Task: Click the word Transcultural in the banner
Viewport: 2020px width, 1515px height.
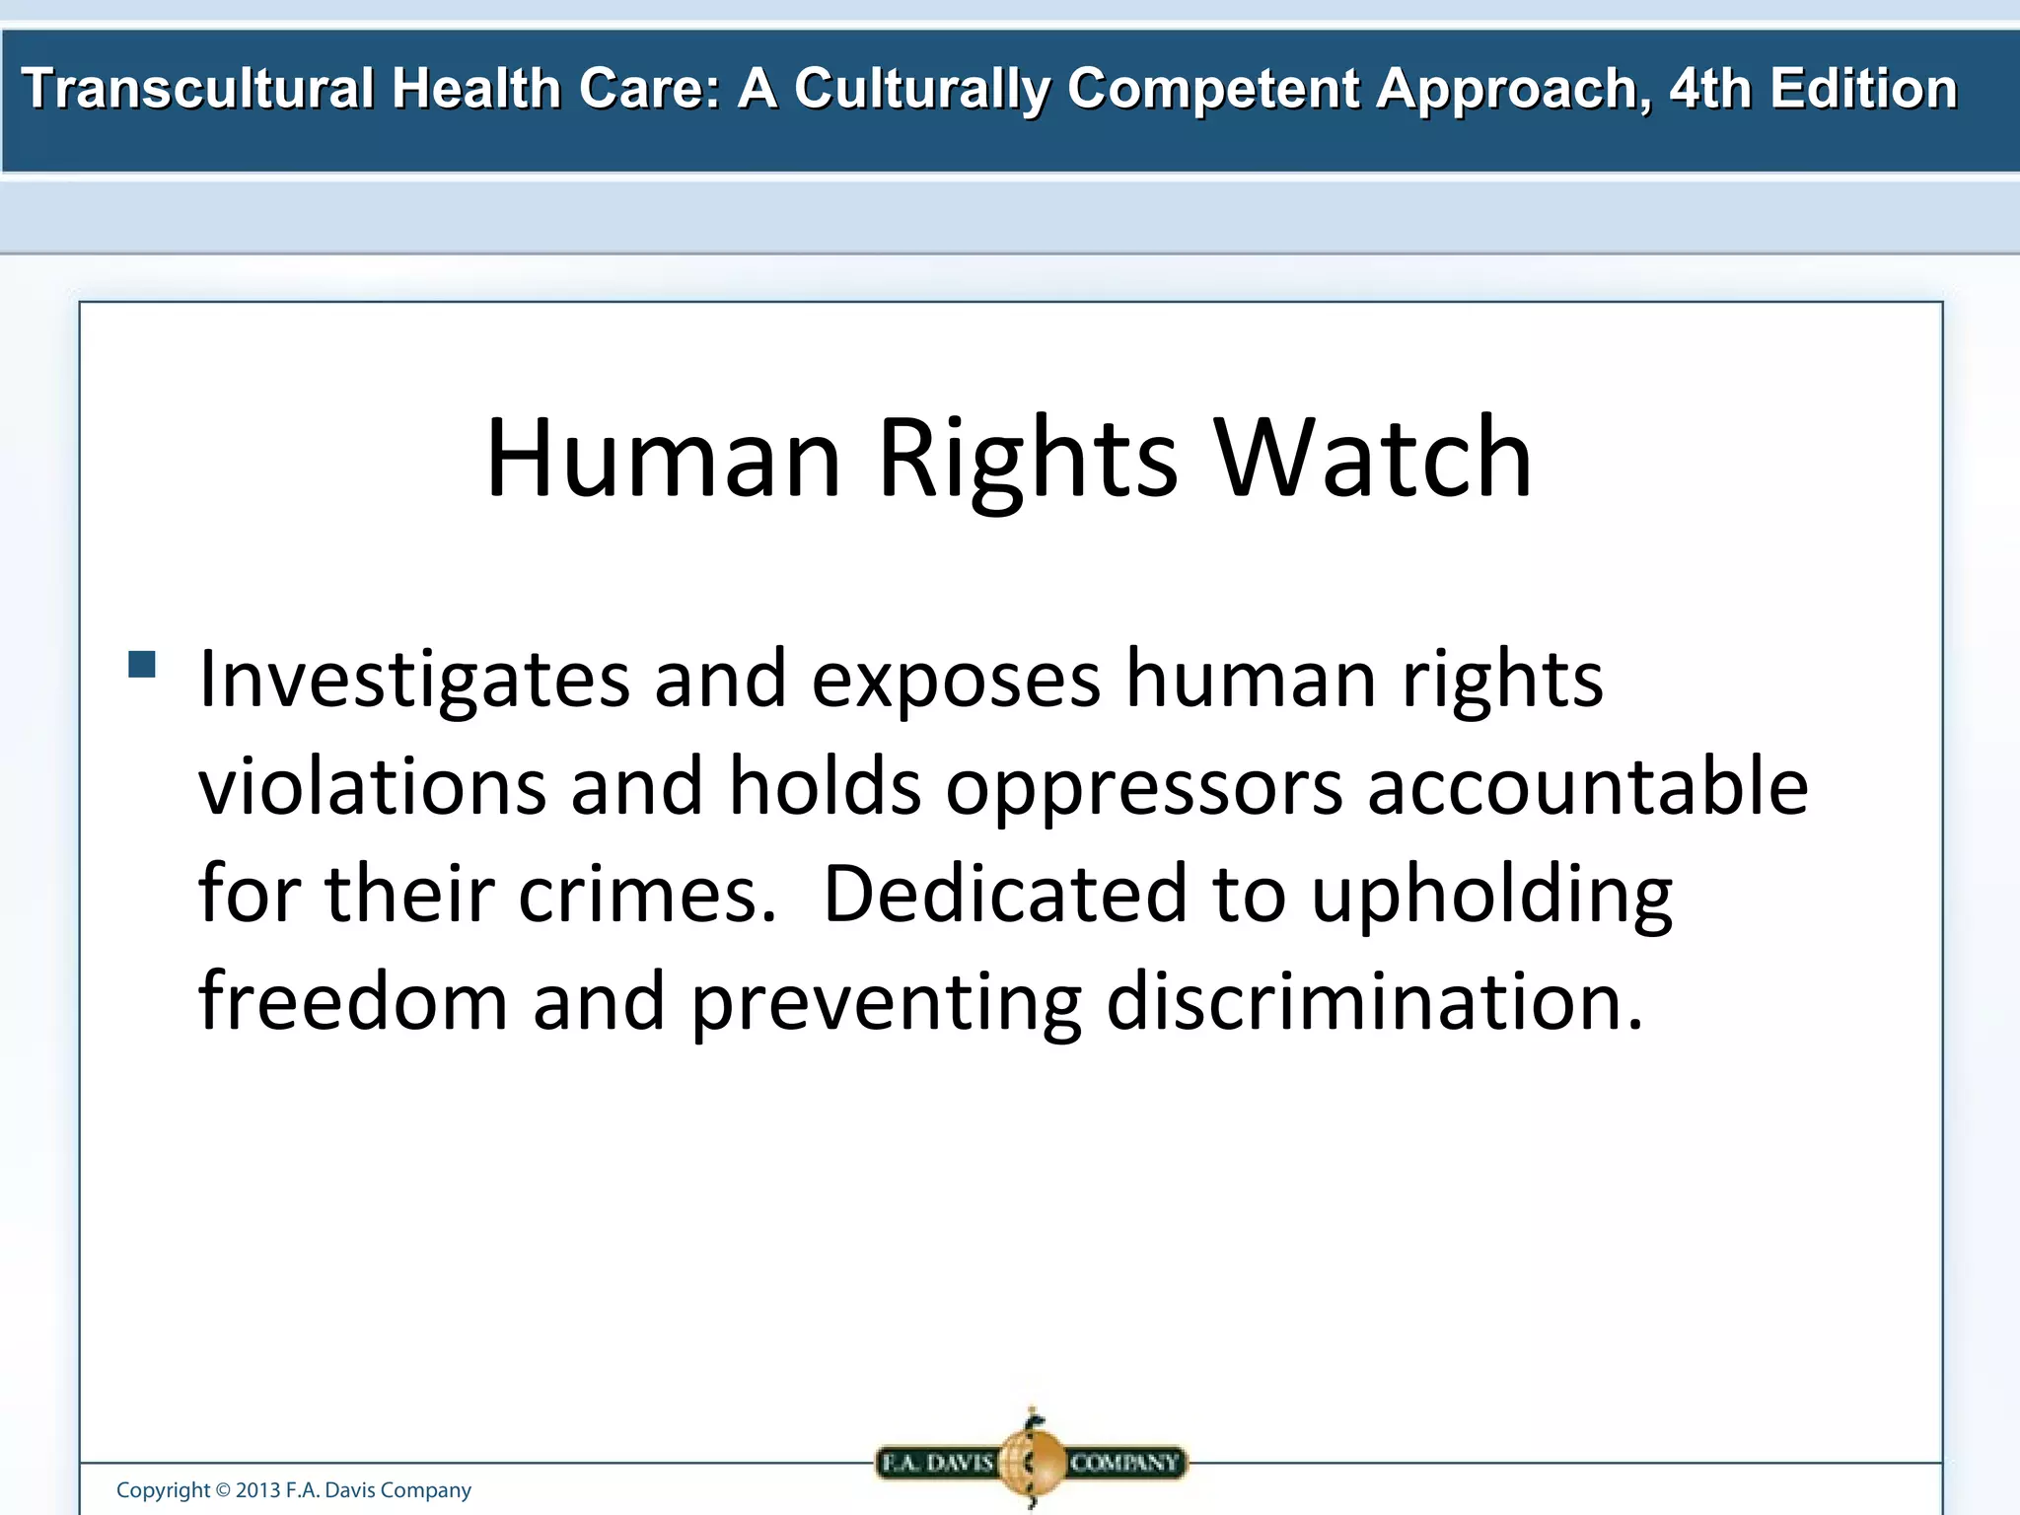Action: (197, 89)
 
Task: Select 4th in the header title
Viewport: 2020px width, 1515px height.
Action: (1710, 89)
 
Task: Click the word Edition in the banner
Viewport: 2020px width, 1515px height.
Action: (1862, 89)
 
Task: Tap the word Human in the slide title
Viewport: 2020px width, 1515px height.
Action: (663, 459)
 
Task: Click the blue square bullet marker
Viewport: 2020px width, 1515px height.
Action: (142, 664)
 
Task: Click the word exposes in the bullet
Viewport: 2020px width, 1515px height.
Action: (955, 681)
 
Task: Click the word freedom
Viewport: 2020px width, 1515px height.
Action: (353, 1001)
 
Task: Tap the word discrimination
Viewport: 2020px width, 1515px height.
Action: (1375, 1001)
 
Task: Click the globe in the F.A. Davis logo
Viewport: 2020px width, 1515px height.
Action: (1032, 1461)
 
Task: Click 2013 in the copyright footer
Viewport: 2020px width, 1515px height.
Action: (258, 1490)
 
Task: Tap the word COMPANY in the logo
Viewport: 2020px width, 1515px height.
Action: (1124, 1463)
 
